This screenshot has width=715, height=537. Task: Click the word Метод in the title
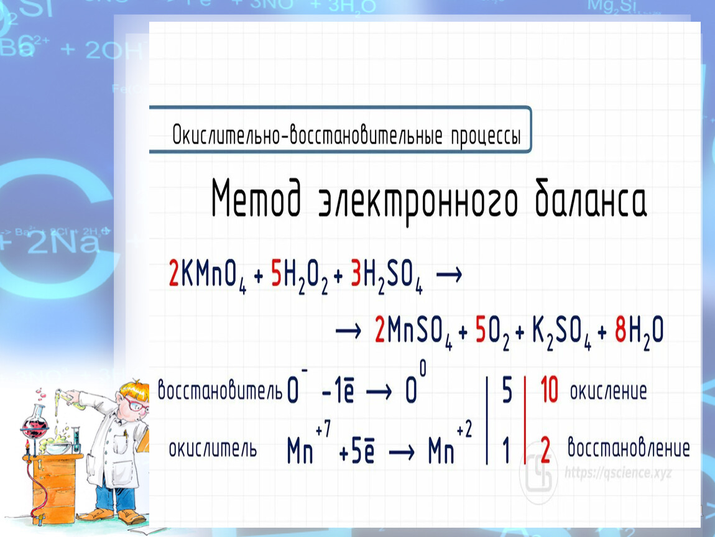click(x=256, y=198)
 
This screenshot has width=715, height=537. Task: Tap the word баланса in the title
click(x=591, y=198)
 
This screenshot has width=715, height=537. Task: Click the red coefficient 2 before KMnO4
click(x=173, y=273)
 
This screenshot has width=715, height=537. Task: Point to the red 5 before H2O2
click(x=276, y=273)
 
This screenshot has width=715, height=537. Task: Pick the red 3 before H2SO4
click(x=356, y=273)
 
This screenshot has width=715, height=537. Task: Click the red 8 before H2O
click(x=620, y=329)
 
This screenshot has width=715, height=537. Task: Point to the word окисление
click(x=608, y=391)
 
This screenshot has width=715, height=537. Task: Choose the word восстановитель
click(x=220, y=390)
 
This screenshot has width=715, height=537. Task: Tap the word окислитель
click(x=213, y=449)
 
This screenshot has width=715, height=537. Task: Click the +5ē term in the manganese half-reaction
click(x=357, y=451)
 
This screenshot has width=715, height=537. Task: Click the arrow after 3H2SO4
click(x=449, y=275)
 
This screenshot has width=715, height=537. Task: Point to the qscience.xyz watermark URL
click(x=618, y=473)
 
